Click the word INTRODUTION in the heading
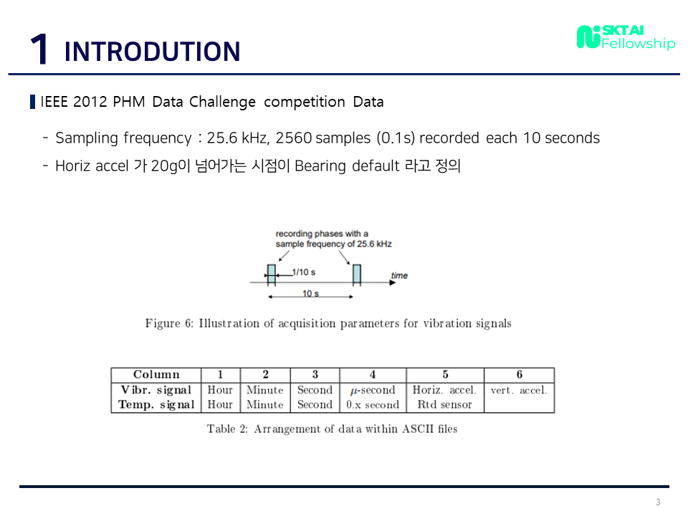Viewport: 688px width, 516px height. click(x=152, y=52)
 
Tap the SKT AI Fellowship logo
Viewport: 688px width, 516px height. click(x=626, y=37)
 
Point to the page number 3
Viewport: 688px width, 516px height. click(x=657, y=502)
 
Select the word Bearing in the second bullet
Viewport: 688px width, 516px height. click(x=321, y=166)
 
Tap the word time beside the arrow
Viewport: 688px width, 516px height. click(x=399, y=275)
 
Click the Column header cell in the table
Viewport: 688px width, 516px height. click(x=156, y=375)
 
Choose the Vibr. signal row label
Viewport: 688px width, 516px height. click(x=156, y=390)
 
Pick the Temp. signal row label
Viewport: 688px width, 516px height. click(x=156, y=404)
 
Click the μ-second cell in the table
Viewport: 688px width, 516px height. click(x=373, y=390)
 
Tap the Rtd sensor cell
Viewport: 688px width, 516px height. click(x=444, y=404)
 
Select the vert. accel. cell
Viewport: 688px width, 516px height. click(x=519, y=390)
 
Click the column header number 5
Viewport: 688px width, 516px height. click(x=445, y=375)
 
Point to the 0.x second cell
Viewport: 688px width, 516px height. click(x=373, y=404)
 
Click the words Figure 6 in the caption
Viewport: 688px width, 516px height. click(x=168, y=323)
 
